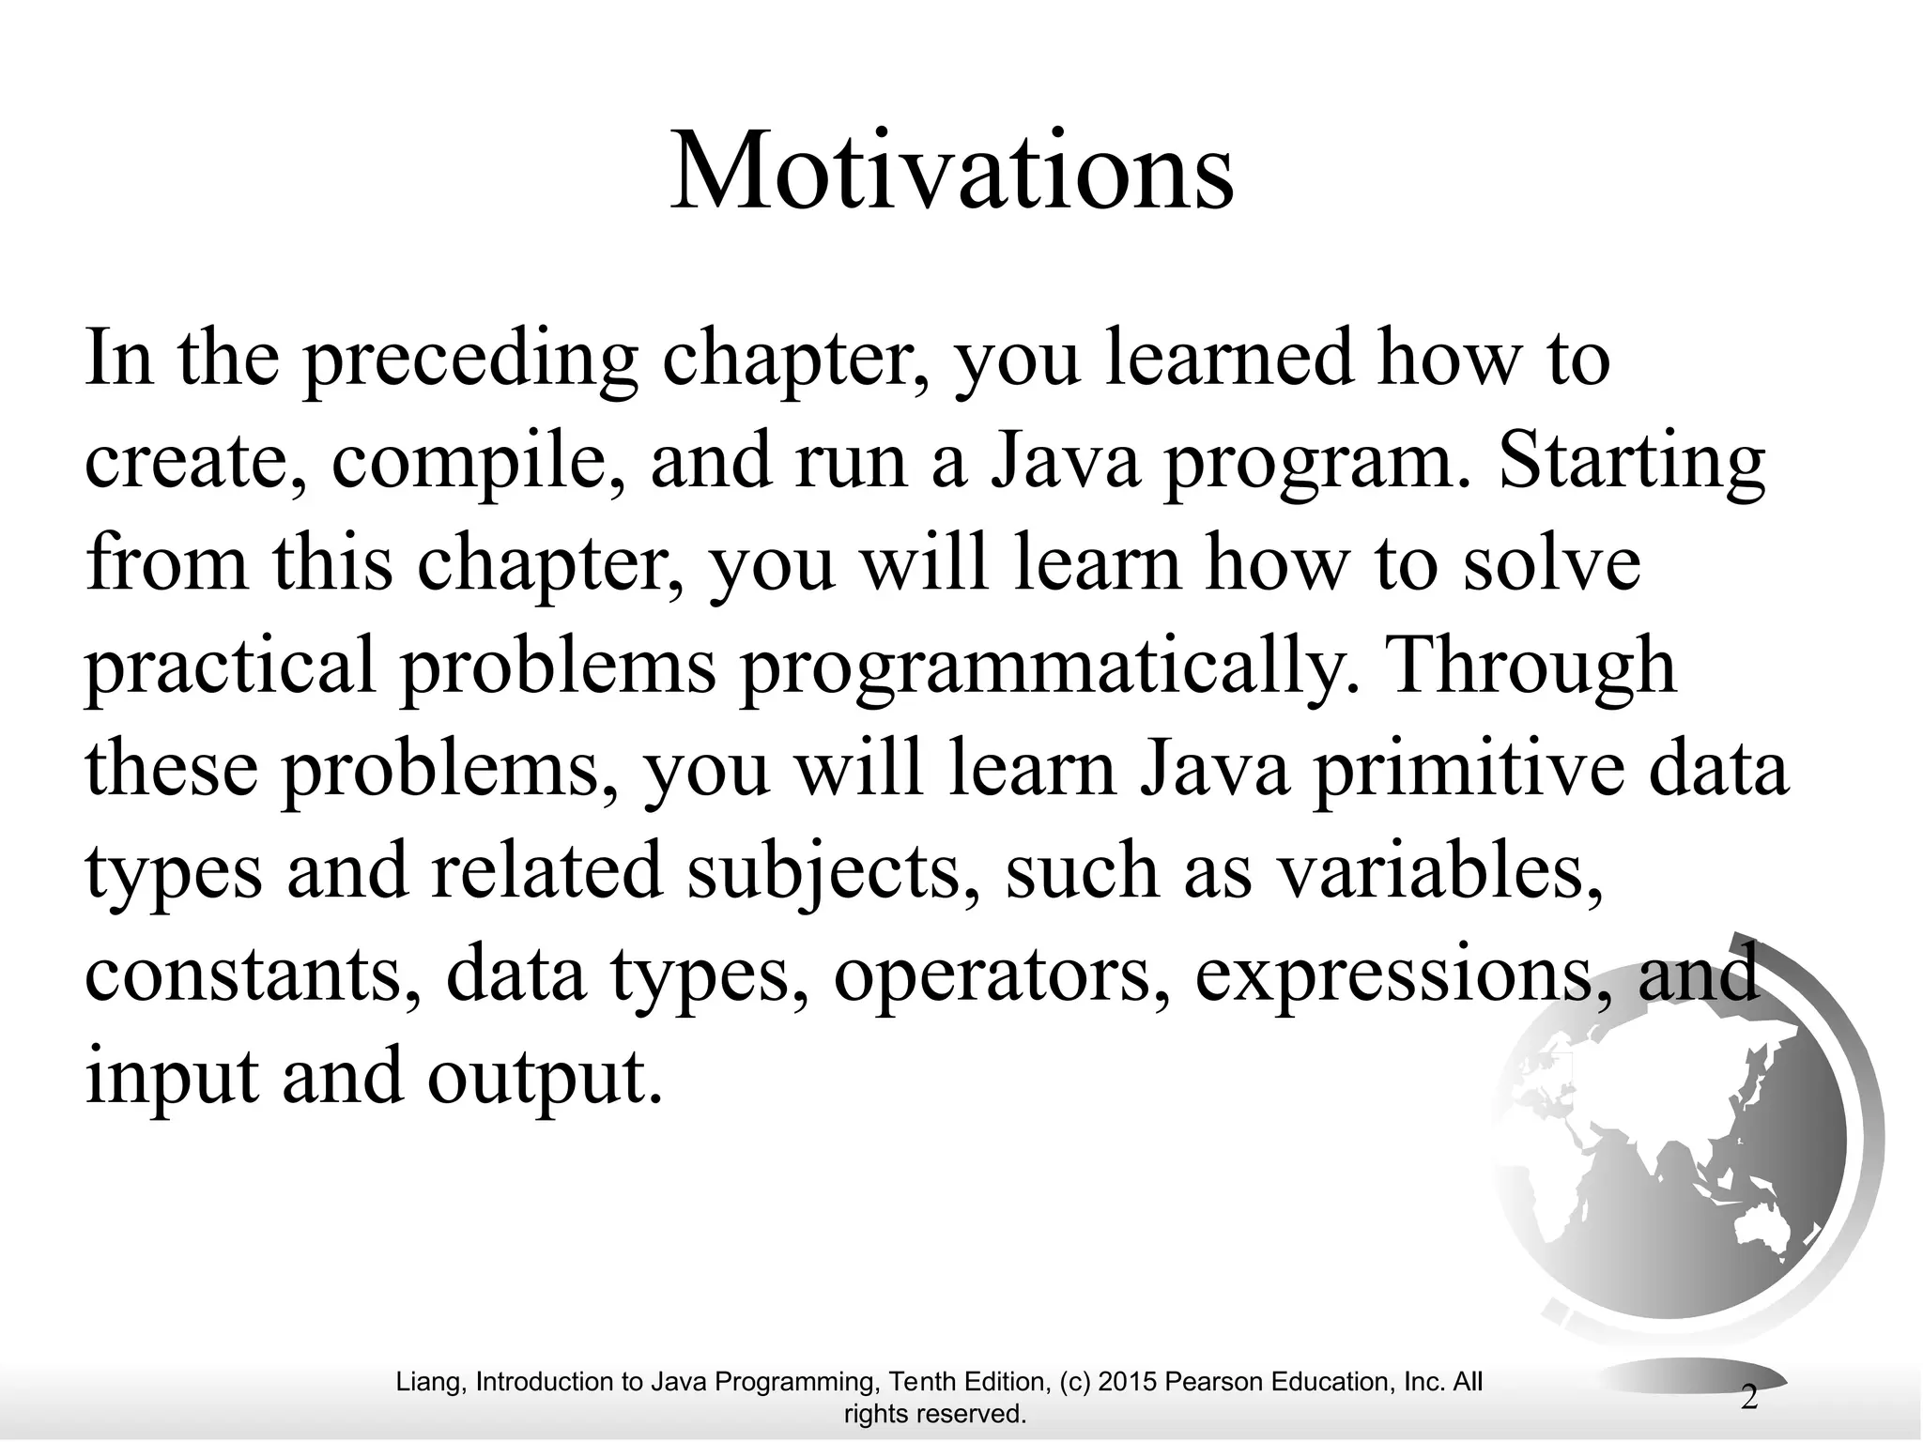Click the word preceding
click(469, 361)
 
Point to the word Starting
click(1632, 465)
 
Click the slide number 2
click(1749, 1398)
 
